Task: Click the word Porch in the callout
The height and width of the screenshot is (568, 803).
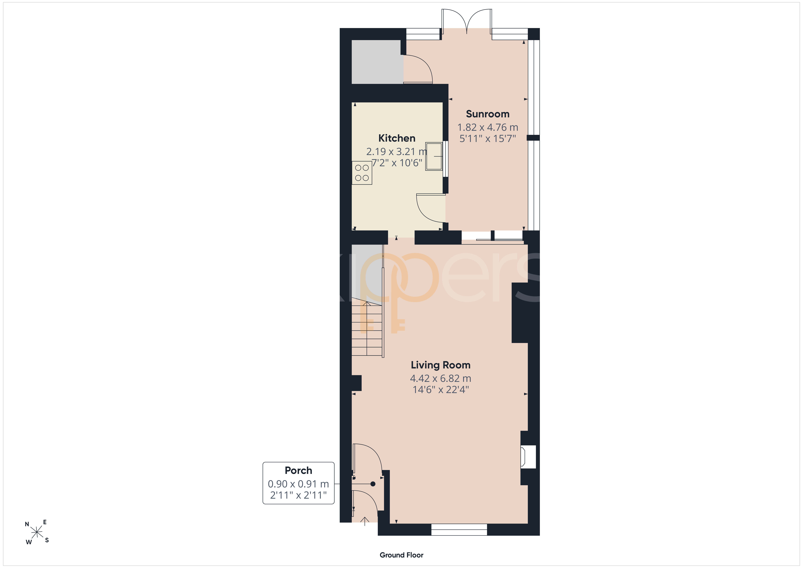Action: click(x=298, y=470)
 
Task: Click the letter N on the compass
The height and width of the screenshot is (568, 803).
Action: click(x=27, y=524)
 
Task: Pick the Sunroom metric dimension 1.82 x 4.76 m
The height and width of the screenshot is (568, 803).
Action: click(x=488, y=127)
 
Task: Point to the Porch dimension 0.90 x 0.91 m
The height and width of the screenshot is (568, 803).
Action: click(x=298, y=484)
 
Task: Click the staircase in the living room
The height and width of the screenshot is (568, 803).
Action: click(x=367, y=327)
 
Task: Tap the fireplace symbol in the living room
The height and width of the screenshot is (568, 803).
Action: click(x=528, y=457)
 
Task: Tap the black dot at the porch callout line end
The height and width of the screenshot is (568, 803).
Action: click(x=373, y=484)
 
